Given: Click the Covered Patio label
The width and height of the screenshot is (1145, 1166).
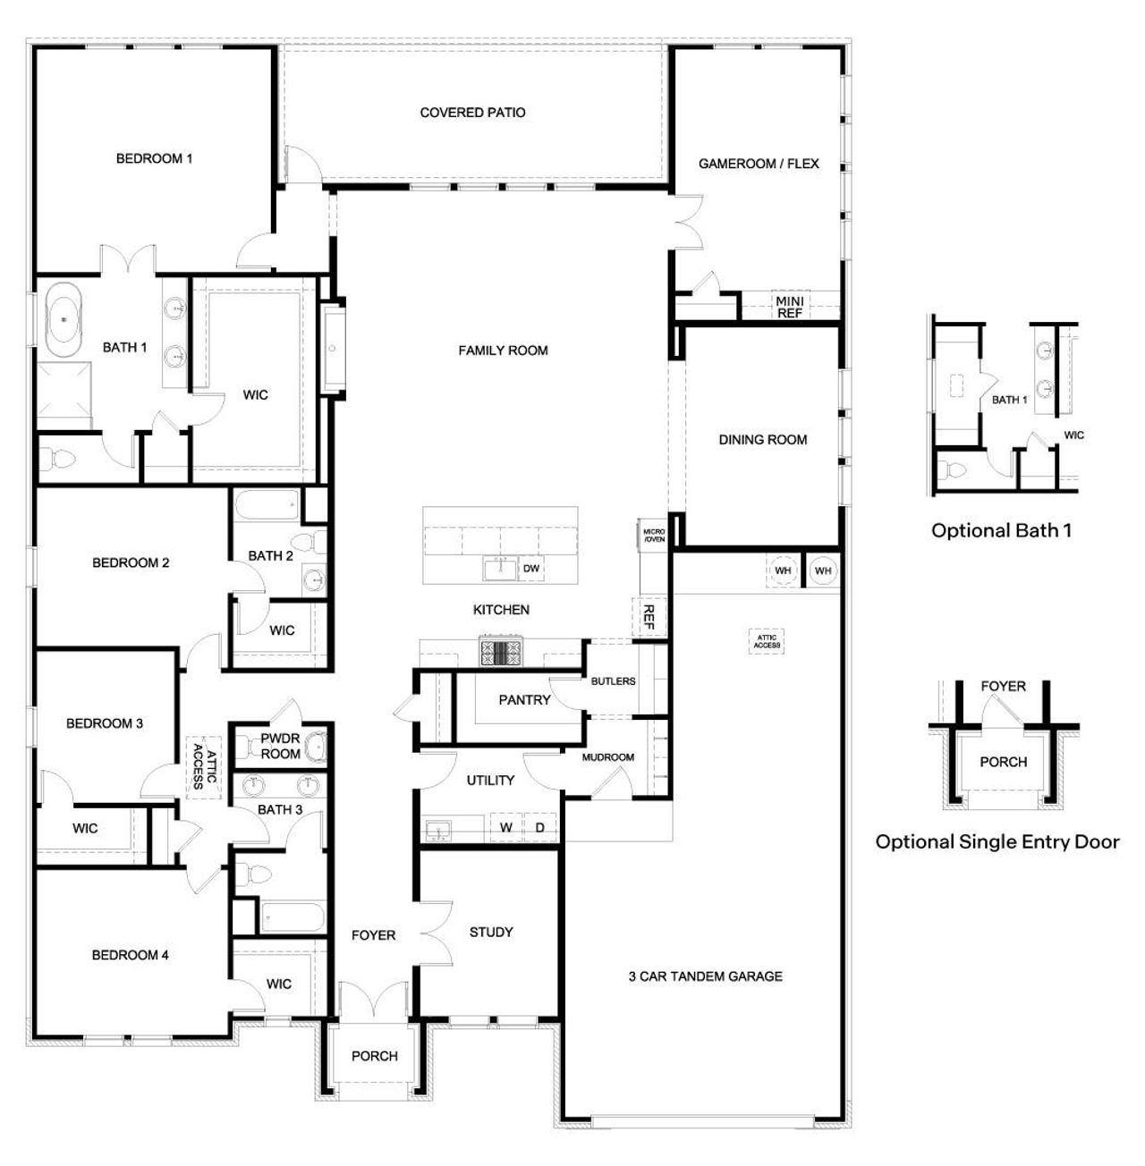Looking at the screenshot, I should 472,113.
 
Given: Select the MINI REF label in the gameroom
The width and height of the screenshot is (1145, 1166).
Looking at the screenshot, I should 789,307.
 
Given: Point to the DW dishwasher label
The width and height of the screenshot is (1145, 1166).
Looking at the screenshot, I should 530,569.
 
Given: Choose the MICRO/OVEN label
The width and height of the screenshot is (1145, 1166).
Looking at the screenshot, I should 653,536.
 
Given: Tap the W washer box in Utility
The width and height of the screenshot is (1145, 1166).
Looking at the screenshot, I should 505,827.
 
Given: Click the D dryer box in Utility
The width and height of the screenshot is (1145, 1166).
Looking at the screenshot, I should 539,827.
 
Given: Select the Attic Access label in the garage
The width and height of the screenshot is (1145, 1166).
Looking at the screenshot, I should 767,641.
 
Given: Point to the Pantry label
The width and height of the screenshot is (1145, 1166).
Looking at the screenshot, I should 524,700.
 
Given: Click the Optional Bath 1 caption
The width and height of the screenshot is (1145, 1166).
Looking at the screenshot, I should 1001,530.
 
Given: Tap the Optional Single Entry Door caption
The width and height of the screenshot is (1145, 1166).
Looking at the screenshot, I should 997,841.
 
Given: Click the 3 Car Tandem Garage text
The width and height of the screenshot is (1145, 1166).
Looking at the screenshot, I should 705,976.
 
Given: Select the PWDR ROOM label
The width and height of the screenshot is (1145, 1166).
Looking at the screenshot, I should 280,747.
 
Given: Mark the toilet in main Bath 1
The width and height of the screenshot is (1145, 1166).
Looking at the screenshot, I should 61,459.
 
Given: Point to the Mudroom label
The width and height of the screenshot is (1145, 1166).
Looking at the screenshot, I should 607,757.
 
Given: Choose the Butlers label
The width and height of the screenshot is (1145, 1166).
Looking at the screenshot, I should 613,681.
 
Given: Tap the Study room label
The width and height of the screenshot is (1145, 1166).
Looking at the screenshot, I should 491,932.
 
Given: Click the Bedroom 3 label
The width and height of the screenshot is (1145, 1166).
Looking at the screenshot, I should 105,723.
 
